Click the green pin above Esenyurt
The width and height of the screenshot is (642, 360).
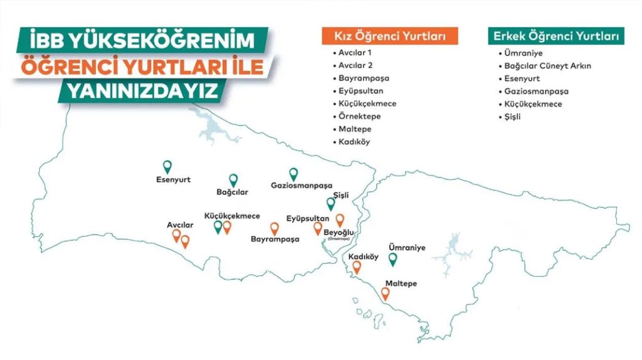click(167, 166)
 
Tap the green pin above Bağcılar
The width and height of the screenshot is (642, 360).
click(233, 179)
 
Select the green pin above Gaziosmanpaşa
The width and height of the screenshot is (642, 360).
click(293, 174)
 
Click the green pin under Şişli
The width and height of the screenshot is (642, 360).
click(331, 204)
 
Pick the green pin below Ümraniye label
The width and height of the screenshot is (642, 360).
click(393, 258)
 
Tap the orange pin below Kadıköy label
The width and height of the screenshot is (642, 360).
click(357, 267)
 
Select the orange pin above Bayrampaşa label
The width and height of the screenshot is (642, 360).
click(274, 228)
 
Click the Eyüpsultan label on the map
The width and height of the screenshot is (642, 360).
click(308, 218)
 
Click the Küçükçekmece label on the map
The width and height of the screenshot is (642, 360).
click(232, 215)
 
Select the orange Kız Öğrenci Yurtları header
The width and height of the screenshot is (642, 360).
click(389, 36)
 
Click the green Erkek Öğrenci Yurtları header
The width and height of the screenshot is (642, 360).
click(557, 36)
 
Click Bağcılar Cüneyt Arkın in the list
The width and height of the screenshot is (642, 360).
click(547, 65)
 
